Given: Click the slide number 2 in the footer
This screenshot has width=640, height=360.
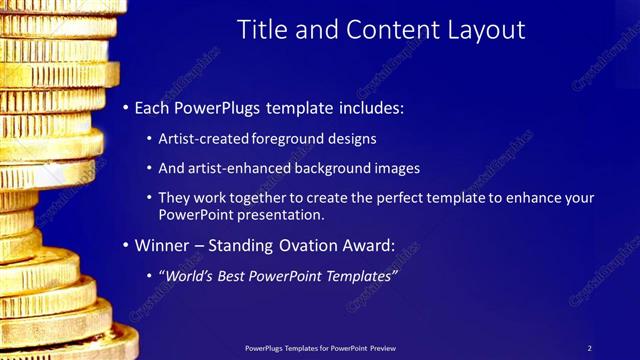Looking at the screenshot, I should pyautogui.click(x=589, y=348).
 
